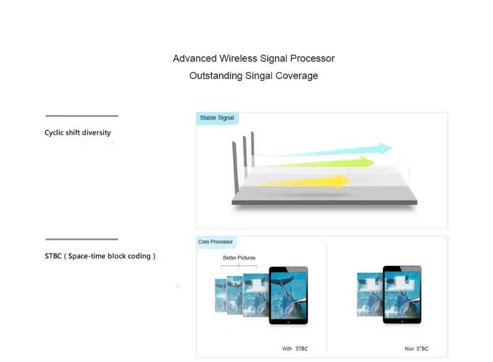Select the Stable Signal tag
point(217,118)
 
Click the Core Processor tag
point(215,242)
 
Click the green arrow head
point(367,161)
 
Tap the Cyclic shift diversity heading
point(77,133)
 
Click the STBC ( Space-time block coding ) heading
point(100,256)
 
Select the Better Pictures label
point(239,258)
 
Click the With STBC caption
point(295,349)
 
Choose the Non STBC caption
point(417,349)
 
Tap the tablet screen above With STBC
point(288,294)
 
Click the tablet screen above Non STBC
point(403,294)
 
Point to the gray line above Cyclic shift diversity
point(82,116)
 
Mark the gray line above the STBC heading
point(82,240)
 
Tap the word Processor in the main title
point(312,59)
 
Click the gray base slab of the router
point(324,201)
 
